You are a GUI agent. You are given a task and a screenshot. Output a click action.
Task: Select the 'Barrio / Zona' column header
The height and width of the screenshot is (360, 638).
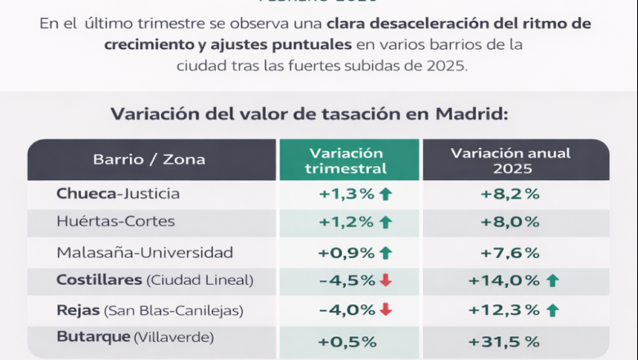(x=149, y=159)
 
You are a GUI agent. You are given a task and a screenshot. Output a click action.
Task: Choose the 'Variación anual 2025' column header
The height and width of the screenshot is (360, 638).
(x=510, y=160)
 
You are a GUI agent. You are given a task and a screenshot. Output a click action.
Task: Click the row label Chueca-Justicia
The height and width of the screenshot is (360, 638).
(x=118, y=194)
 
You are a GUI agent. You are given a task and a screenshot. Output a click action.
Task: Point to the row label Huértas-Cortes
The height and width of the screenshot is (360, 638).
(x=115, y=221)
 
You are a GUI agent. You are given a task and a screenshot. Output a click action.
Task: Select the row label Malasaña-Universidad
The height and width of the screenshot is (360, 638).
(x=145, y=252)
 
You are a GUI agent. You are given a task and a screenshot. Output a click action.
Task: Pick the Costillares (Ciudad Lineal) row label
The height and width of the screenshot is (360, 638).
(x=155, y=280)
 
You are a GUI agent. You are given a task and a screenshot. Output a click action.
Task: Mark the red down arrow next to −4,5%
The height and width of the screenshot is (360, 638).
(x=386, y=281)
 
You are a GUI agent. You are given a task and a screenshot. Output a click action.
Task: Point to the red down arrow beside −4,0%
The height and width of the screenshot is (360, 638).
(x=386, y=310)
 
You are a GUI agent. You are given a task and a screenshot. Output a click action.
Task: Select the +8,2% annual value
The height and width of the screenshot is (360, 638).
(x=510, y=195)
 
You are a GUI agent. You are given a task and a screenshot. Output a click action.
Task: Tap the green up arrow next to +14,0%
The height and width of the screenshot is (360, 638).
(x=552, y=281)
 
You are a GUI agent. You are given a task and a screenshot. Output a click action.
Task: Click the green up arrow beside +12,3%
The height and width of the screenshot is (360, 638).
(x=552, y=310)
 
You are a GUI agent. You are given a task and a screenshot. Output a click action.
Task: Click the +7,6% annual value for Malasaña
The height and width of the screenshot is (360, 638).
(x=510, y=253)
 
